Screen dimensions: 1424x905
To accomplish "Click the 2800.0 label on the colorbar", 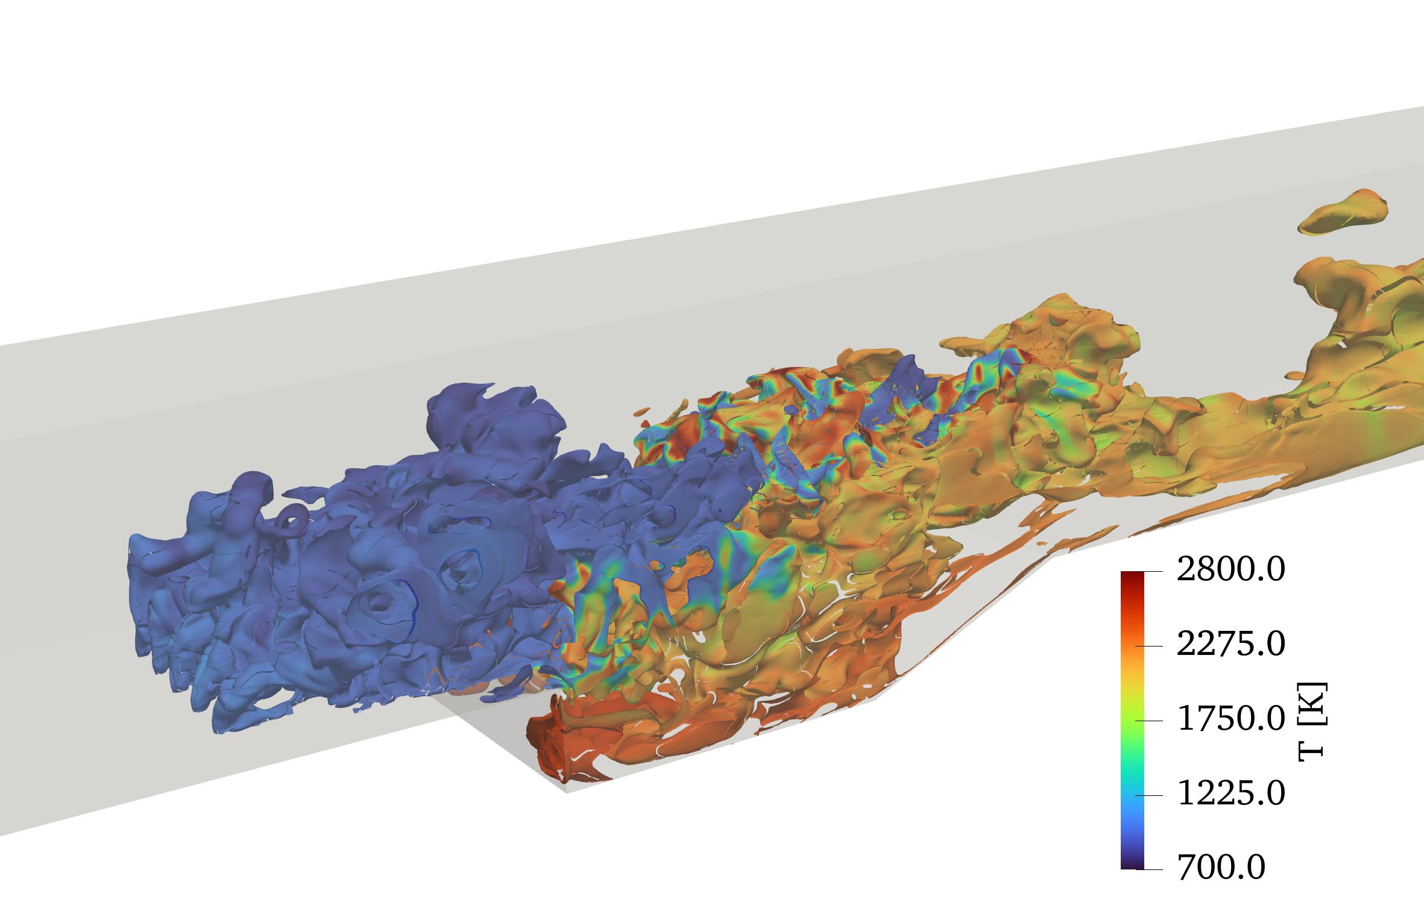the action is [1230, 569].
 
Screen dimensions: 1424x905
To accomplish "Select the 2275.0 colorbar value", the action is [1230, 644].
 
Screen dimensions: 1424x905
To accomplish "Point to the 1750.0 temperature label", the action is [1230, 718].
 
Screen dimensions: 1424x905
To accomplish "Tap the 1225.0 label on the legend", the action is [1230, 793].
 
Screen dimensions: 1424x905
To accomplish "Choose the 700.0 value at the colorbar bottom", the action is [1221, 868].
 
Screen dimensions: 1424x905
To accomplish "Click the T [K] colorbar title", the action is [1312, 722].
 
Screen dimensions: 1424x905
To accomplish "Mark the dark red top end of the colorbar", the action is [1132, 576].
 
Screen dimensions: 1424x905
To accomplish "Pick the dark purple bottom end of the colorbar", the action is [1132, 864].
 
